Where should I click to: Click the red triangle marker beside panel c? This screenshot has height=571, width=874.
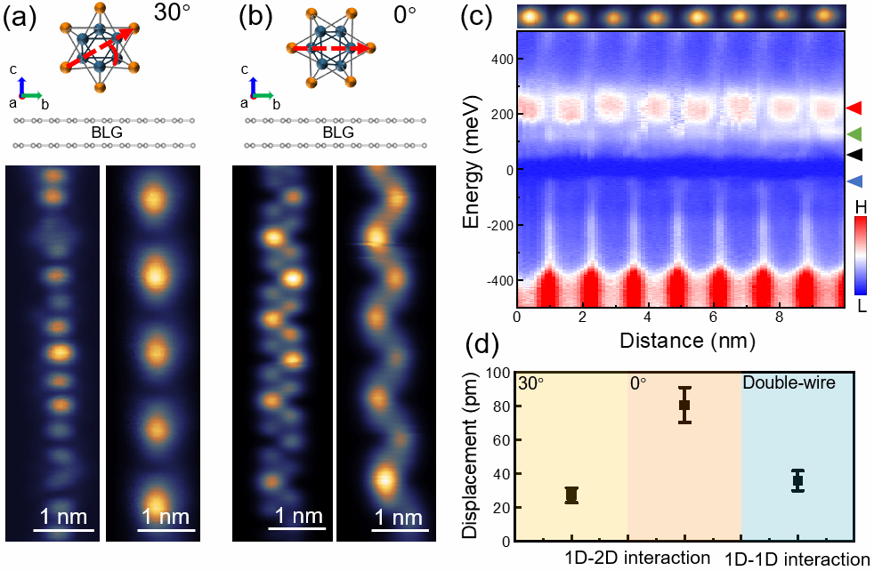tap(854, 109)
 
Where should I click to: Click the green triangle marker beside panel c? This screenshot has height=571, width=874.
tap(854, 134)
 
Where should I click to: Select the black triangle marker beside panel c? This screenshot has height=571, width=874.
tap(854, 155)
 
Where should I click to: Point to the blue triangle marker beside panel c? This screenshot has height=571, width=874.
tap(854, 181)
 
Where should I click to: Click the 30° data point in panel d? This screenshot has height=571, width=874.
tap(571, 495)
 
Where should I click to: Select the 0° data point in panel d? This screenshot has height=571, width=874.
tap(684, 405)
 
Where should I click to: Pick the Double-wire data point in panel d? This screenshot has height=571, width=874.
tap(797, 480)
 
